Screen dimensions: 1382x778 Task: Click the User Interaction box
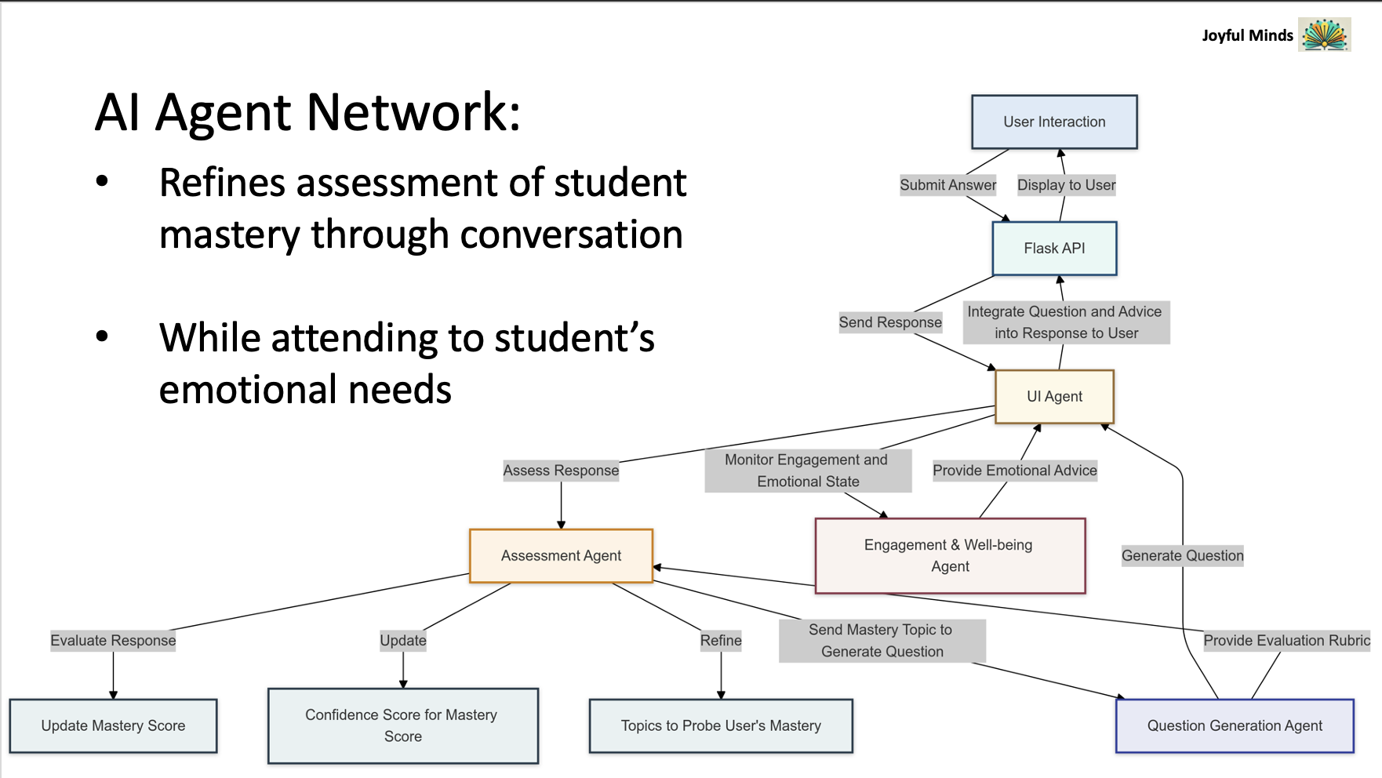pyautogui.click(x=1054, y=122)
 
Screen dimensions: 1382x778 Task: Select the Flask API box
pyautogui.click(x=1054, y=249)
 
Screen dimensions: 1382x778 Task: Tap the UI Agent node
pyautogui.click(x=1054, y=397)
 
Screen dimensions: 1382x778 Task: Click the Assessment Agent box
pyautogui.click(x=561, y=556)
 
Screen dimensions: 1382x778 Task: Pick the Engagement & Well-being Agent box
pyautogui.click(x=950, y=556)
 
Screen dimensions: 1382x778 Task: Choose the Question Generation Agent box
pyautogui.click(x=1235, y=726)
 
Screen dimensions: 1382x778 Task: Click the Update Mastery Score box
pyautogui.click(x=113, y=726)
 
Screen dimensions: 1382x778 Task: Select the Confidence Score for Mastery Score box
pyautogui.click(x=402, y=726)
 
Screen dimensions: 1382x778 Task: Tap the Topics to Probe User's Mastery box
pyautogui.click(x=721, y=726)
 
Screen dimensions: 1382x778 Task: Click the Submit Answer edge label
pyautogui.click(x=948, y=185)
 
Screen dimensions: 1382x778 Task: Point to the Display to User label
pyautogui.click(x=1066, y=185)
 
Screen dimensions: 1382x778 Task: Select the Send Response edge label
pyautogui.click(x=890, y=322)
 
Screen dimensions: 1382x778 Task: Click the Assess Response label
pyautogui.click(x=561, y=471)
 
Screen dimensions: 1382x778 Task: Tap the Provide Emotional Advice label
pyautogui.click(x=1015, y=471)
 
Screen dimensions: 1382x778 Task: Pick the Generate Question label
pyautogui.click(x=1183, y=556)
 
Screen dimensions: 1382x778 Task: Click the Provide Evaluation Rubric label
pyautogui.click(x=1287, y=641)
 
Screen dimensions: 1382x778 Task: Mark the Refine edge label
pyautogui.click(x=721, y=641)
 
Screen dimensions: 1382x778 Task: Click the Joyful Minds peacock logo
pyautogui.click(x=1325, y=35)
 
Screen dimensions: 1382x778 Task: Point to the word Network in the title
pyautogui.click(x=413, y=112)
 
